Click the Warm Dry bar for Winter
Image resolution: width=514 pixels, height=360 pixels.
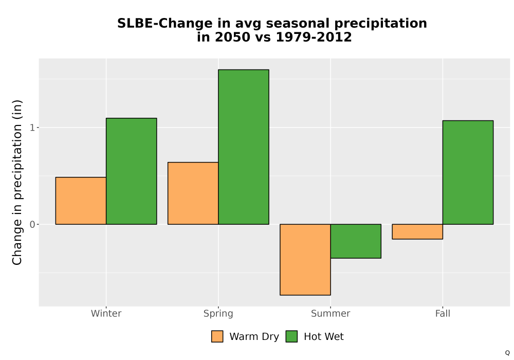[x=81, y=201]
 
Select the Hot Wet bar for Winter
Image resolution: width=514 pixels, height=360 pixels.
[x=132, y=171]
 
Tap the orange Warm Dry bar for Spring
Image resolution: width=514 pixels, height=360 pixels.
[x=193, y=193]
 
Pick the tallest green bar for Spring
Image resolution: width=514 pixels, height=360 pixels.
[x=244, y=147]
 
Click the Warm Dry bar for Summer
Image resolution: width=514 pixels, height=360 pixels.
[x=305, y=260]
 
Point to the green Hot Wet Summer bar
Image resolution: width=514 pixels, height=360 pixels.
[x=356, y=241]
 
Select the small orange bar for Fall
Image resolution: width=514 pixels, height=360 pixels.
[x=417, y=232]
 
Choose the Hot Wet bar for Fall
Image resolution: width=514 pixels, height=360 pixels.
[x=468, y=172]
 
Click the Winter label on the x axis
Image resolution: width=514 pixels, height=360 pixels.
[x=106, y=313]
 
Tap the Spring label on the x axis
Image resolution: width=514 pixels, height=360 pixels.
[x=218, y=314]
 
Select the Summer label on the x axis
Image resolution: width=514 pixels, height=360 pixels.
[x=331, y=313]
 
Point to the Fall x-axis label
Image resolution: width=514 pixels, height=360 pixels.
[x=443, y=313]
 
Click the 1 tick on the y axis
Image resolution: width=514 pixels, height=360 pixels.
[x=32, y=128]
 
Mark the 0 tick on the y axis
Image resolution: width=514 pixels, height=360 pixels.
[x=32, y=225]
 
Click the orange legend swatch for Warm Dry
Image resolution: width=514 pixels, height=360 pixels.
[x=217, y=336]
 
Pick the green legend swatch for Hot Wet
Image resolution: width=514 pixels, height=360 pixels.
[x=291, y=336]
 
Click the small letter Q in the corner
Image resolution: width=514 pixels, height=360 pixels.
[x=507, y=353]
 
